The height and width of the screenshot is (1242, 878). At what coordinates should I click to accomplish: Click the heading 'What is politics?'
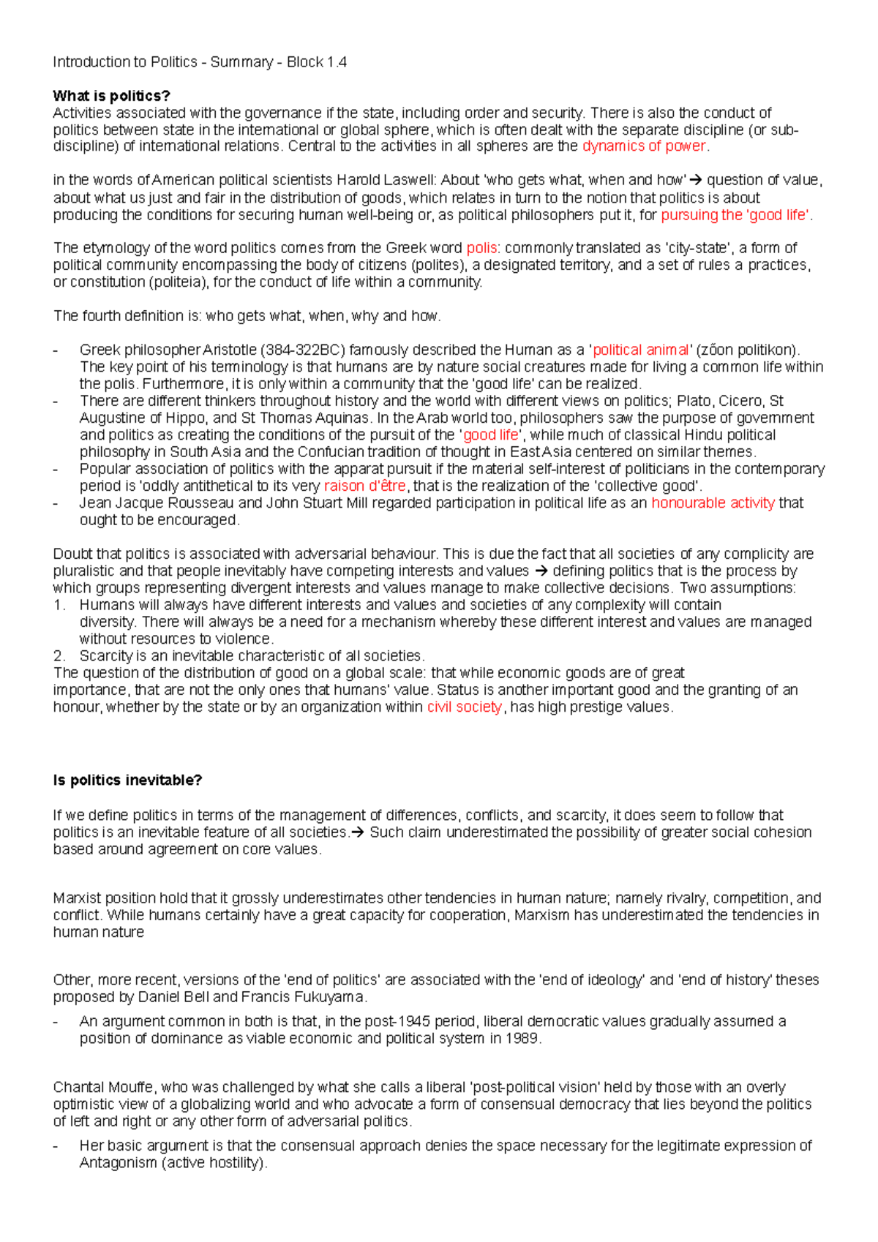pyautogui.click(x=111, y=96)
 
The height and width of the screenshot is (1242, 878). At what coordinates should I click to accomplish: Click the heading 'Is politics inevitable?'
pyautogui.click(x=127, y=780)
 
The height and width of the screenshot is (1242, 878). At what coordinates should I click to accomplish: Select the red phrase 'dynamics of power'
pyautogui.click(x=644, y=146)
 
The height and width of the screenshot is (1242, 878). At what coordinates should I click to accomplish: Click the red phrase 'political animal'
pyautogui.click(x=641, y=350)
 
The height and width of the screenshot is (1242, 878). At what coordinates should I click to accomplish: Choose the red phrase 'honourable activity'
pyautogui.click(x=713, y=503)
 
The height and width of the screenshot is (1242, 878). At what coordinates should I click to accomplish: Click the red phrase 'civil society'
pyautogui.click(x=464, y=707)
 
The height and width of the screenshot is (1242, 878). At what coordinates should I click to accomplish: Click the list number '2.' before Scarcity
pyautogui.click(x=59, y=655)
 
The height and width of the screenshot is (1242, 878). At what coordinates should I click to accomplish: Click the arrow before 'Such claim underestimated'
pyautogui.click(x=357, y=832)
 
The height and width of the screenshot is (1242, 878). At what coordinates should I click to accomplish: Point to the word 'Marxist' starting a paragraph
pyautogui.click(x=75, y=898)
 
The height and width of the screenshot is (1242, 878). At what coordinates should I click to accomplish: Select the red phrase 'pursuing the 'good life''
pyautogui.click(x=735, y=215)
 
